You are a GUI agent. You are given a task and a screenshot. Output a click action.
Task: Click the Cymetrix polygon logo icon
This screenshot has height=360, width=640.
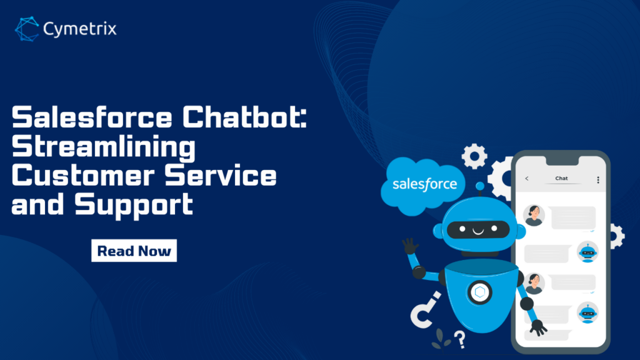pyautogui.click(x=27, y=29)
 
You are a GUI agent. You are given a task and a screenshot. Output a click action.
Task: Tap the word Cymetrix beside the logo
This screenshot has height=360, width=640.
pyautogui.click(x=80, y=29)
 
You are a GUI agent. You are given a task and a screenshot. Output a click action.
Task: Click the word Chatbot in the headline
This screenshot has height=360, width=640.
pyautogui.click(x=244, y=117)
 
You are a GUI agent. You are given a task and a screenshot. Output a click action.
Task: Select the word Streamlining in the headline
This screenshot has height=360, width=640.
pyautogui.click(x=104, y=147)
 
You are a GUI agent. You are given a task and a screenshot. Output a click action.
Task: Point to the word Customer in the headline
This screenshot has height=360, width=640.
pyautogui.click(x=83, y=176)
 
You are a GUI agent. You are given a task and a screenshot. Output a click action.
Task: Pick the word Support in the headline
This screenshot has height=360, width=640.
pyautogui.click(x=134, y=205)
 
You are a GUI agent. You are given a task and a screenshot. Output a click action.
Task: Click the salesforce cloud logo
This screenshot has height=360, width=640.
pyautogui.click(x=423, y=186)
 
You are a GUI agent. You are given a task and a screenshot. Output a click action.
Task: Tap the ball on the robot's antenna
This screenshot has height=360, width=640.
pyautogui.click(x=480, y=186)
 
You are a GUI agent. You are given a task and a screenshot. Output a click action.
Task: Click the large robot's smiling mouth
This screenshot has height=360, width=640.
pyautogui.click(x=478, y=231)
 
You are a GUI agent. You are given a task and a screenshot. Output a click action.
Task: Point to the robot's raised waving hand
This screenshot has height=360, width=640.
pyautogui.click(x=410, y=246)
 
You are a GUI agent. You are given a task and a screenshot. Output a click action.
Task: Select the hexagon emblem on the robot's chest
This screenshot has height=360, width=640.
pyautogui.click(x=480, y=292)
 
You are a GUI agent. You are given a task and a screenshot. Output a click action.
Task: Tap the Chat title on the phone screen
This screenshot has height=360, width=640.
pyautogui.click(x=561, y=178)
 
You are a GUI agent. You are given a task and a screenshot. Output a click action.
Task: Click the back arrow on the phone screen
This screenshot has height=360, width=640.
pyautogui.click(x=526, y=178)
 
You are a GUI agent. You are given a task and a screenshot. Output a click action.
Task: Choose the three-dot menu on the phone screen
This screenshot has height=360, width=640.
pyautogui.click(x=598, y=180)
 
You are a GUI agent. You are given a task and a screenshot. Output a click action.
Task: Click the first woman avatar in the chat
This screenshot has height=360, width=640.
pyautogui.click(x=534, y=216)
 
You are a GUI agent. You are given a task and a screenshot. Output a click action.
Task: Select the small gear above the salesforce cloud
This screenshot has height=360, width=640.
pyautogui.click(x=474, y=156)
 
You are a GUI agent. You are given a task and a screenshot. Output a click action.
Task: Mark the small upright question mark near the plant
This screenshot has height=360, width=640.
pyautogui.click(x=461, y=339)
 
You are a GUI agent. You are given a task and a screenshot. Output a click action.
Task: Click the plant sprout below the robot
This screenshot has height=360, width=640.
pyautogui.click(x=440, y=339)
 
